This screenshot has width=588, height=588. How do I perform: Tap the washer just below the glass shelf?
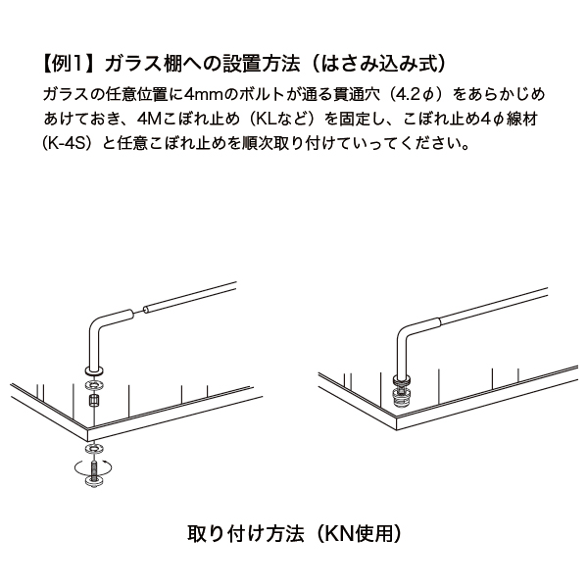[x=94, y=449]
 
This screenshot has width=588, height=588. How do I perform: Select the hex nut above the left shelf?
[x=93, y=401]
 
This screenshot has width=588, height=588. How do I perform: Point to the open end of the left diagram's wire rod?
[x=146, y=309]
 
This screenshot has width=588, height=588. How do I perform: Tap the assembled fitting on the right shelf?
[x=402, y=390]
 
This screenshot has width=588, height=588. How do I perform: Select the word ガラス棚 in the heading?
[x=144, y=64]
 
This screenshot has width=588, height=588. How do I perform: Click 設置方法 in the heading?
[x=262, y=64]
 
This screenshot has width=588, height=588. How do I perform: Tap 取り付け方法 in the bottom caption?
[x=246, y=533]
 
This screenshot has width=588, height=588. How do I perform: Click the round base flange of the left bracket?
[x=94, y=370]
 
